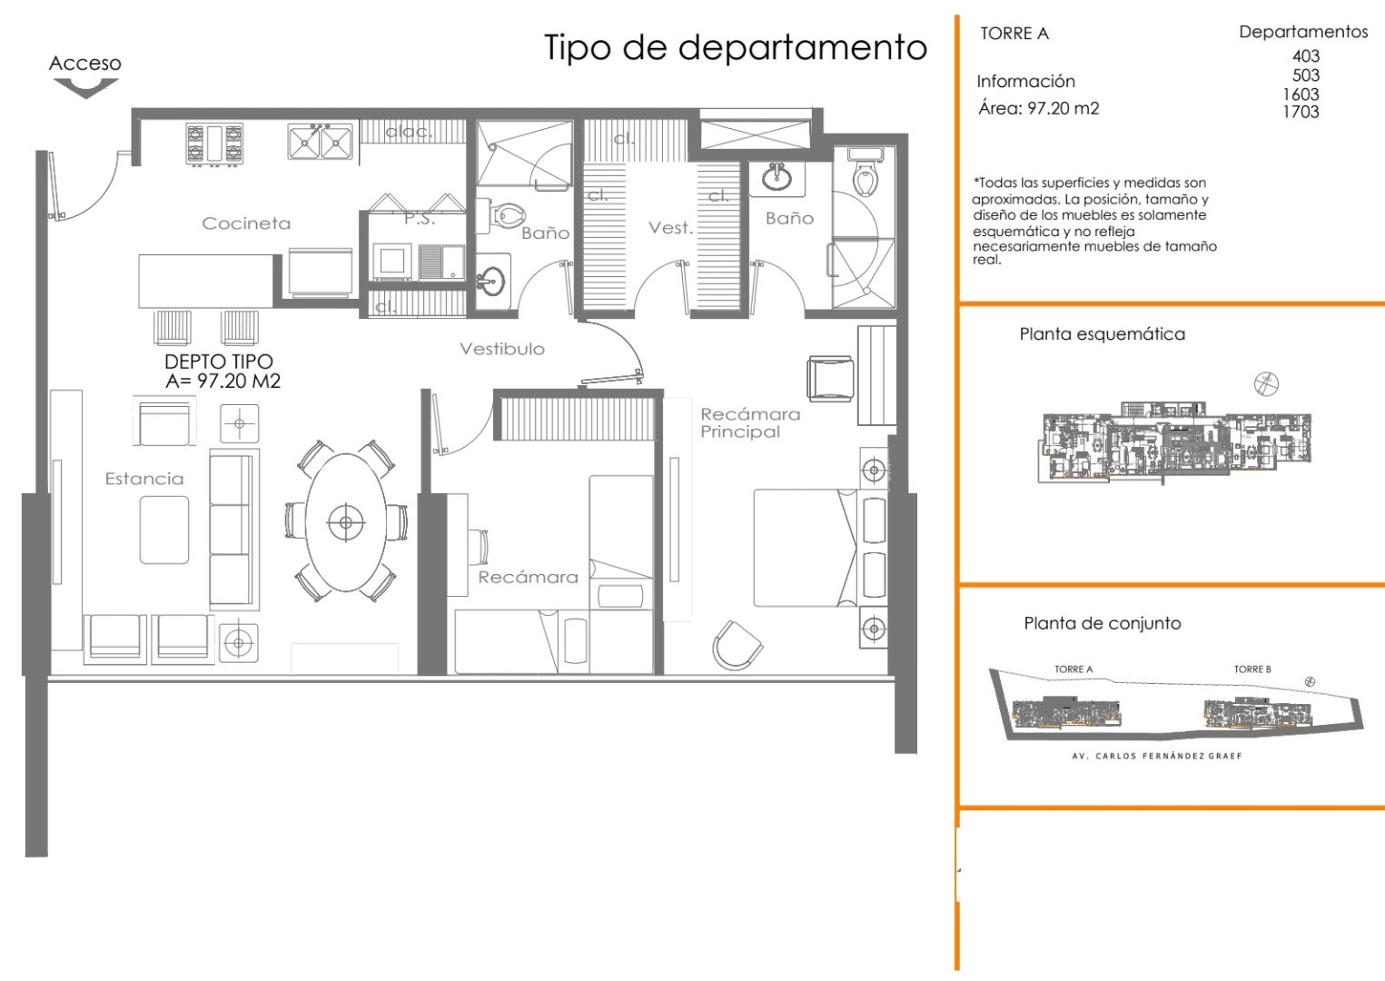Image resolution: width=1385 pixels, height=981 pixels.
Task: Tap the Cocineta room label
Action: [x=246, y=223]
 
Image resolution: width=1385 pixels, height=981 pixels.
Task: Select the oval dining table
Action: [x=345, y=521]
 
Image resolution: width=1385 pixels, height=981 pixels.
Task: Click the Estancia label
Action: [x=144, y=479]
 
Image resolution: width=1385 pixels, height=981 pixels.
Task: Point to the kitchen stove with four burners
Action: [x=214, y=144]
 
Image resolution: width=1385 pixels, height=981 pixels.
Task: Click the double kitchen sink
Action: [x=320, y=142]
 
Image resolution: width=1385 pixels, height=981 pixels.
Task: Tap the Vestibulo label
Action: [x=501, y=349]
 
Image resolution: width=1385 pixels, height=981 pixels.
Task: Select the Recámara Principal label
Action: [x=749, y=422]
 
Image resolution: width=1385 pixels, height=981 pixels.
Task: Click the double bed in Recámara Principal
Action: [x=806, y=547]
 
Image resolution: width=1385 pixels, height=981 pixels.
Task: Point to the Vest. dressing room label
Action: [x=670, y=227]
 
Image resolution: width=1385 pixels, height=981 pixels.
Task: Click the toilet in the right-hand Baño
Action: [x=866, y=177]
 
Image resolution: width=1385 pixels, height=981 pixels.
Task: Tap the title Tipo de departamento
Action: [x=735, y=47]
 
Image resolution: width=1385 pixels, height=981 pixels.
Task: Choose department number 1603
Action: [x=1301, y=94]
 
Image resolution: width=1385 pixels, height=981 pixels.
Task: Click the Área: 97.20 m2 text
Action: [x=1038, y=109]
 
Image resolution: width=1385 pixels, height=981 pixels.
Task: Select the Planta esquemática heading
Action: [x=1102, y=334]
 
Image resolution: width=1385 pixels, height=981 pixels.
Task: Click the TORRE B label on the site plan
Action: [x=1251, y=669]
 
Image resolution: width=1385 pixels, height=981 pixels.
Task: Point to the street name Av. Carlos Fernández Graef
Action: [x=1156, y=756]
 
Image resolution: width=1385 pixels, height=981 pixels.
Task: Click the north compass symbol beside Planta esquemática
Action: [x=1266, y=383]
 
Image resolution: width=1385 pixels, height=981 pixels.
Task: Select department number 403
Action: [x=1305, y=56]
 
